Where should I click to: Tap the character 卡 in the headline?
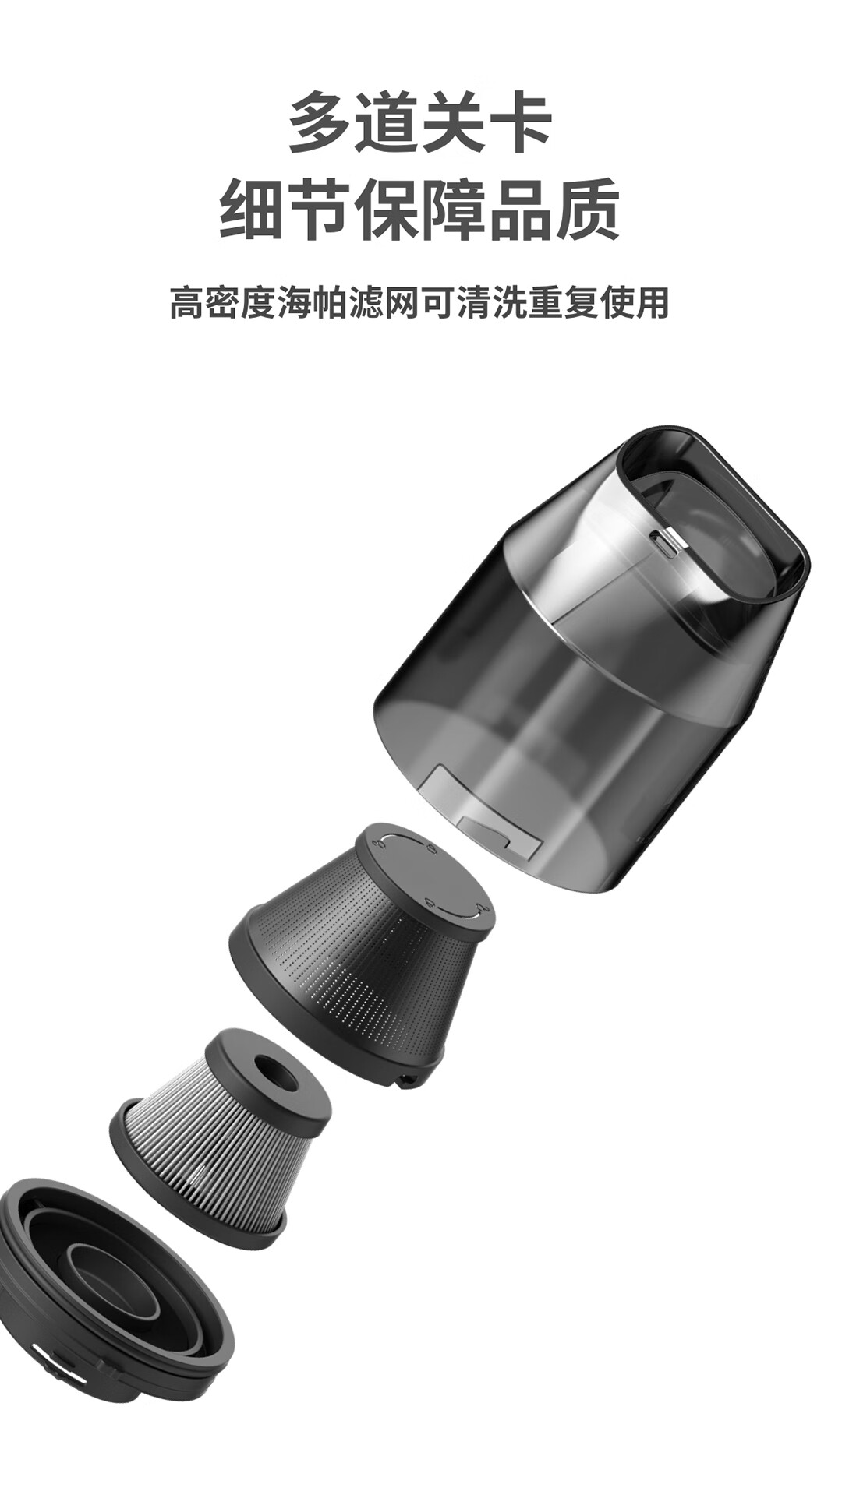tap(520, 122)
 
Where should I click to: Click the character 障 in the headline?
tap(454, 209)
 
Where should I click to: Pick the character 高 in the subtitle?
tap(187, 302)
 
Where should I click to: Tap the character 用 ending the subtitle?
tap(653, 302)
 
